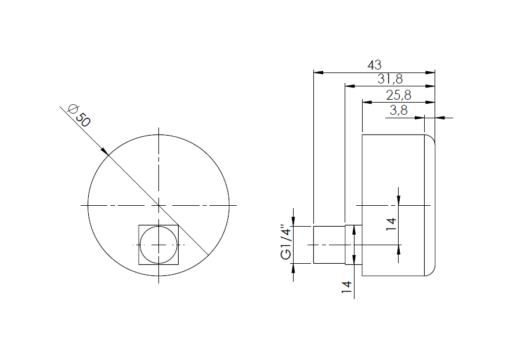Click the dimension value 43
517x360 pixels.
374,66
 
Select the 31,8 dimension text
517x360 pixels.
390,79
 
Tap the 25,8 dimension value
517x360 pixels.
399,95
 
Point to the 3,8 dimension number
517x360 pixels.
399,111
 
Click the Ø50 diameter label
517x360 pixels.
78,115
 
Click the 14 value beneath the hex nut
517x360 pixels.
347,288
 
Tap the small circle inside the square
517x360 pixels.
158,245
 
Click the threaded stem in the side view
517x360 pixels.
329,245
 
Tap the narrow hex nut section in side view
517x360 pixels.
349,245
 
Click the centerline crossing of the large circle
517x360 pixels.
158,205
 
